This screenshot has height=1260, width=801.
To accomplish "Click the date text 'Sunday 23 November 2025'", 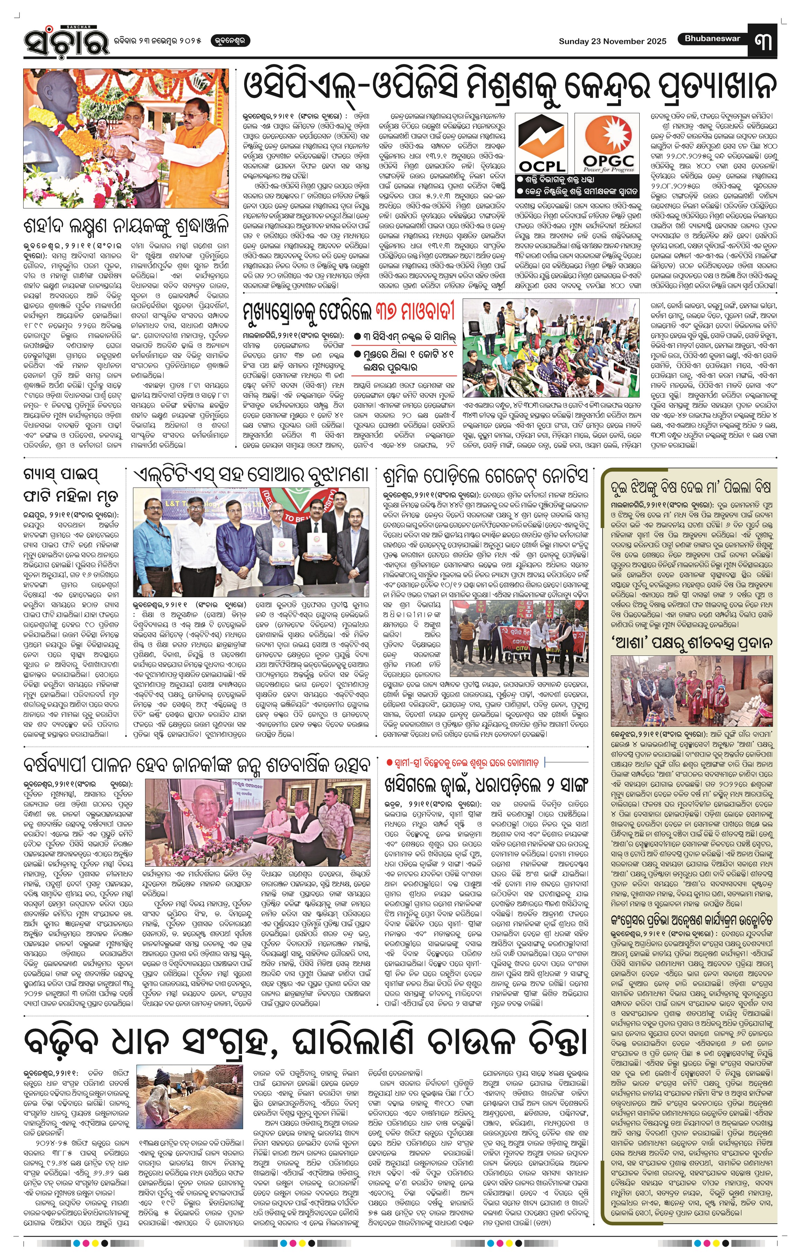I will click(x=612, y=41).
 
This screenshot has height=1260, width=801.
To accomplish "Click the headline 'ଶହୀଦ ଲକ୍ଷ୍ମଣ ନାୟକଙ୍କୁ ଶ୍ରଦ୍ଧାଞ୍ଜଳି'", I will click(x=126, y=227).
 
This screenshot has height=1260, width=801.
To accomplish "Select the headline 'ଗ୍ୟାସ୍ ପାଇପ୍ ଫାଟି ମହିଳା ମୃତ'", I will click(x=71, y=485).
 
